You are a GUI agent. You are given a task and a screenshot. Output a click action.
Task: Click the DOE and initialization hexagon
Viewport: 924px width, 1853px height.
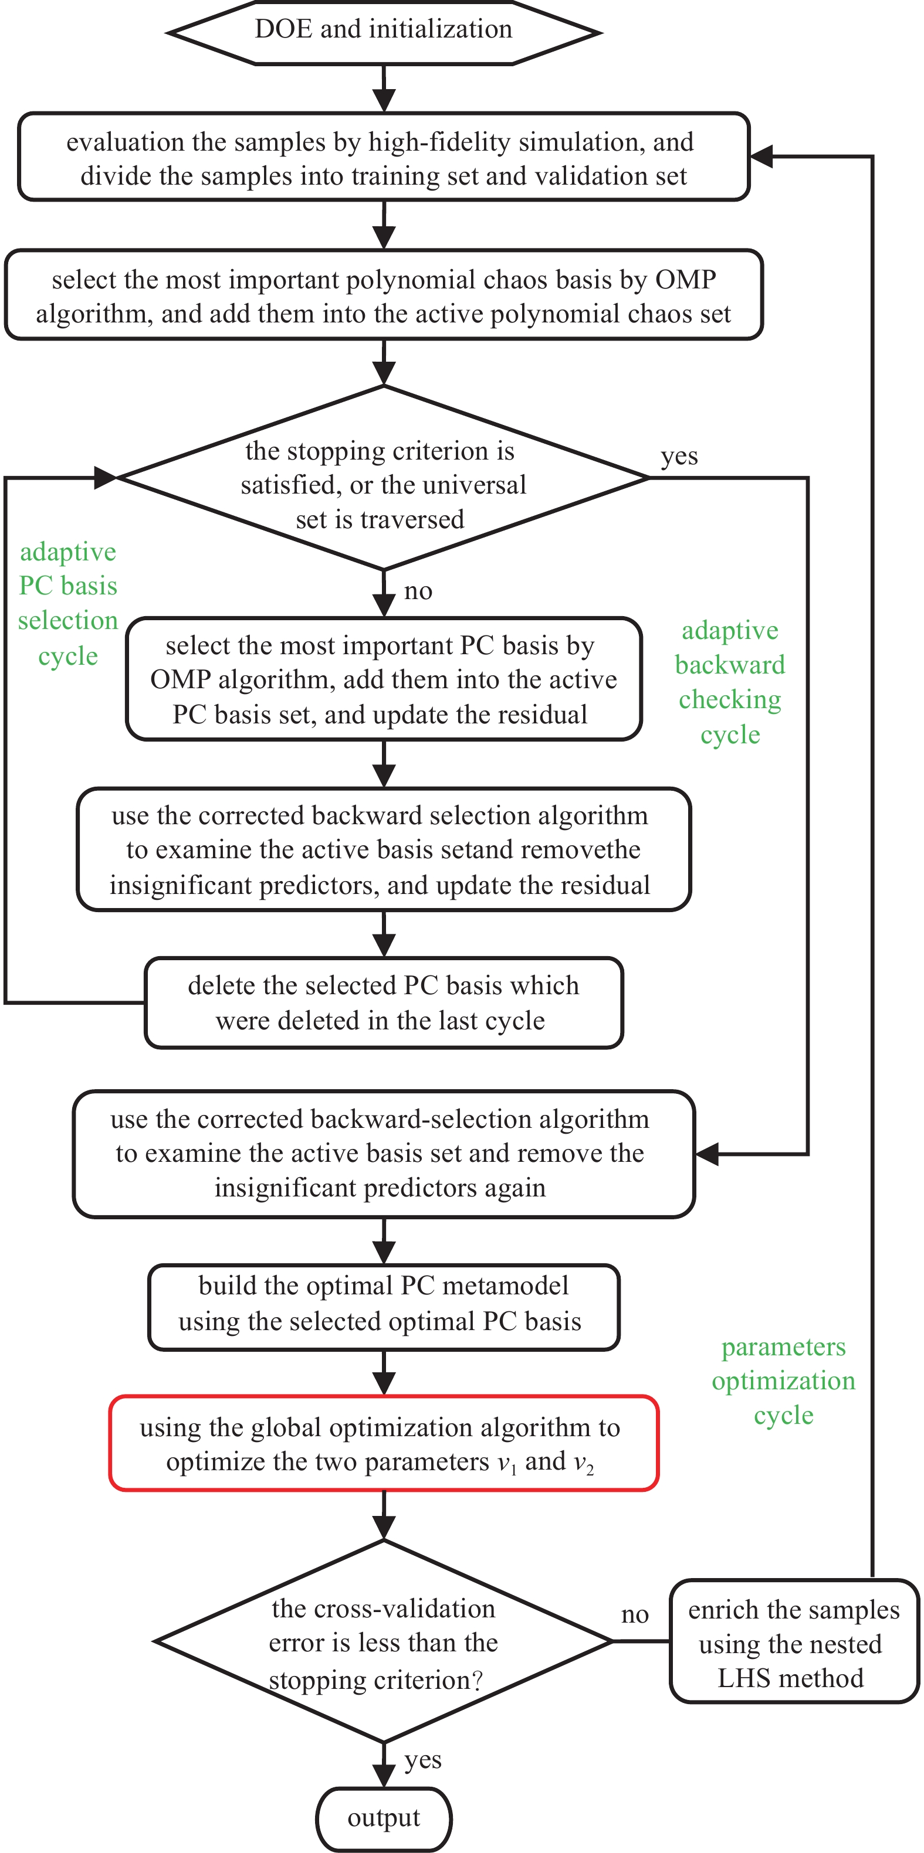coord(384,32)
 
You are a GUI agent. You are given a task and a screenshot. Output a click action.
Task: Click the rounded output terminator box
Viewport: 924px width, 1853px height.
coord(384,1818)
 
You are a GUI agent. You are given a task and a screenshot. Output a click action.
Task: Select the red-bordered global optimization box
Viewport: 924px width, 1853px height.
coord(384,1444)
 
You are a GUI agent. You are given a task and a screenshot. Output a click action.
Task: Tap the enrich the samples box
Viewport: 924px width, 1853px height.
coord(793,1642)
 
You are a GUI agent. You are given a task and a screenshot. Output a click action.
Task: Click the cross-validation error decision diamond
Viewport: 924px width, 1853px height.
coord(384,1642)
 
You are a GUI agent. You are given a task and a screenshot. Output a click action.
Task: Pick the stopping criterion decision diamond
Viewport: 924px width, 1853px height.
coord(384,478)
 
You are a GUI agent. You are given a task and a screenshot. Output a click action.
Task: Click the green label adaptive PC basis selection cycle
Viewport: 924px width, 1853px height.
coord(67,604)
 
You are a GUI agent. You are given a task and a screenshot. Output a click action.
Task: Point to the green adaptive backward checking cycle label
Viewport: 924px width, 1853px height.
coord(730,682)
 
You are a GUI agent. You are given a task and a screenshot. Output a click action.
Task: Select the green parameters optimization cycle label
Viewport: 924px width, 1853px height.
coord(783,1381)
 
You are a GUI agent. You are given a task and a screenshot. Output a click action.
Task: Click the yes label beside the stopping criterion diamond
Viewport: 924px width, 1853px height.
coord(679,456)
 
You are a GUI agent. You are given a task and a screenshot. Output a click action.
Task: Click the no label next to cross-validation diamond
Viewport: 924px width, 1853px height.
coord(635,1614)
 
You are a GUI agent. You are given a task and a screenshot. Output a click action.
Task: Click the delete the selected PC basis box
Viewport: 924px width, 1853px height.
coord(384,1003)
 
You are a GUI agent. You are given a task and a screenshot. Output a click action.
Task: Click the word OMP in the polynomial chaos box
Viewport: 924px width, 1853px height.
coord(685,280)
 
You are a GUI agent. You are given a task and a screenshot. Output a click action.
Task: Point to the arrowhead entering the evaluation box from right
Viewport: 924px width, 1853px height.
coord(761,156)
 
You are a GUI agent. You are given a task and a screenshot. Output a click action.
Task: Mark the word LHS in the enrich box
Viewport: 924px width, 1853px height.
coord(743,1678)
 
